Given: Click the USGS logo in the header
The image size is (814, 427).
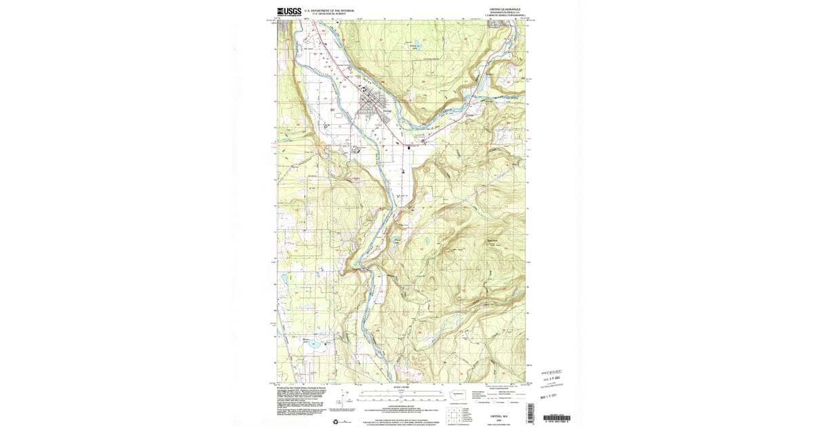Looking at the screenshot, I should pyautogui.click(x=288, y=12).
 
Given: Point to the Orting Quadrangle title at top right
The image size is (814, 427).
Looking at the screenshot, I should pyautogui.click(x=503, y=9).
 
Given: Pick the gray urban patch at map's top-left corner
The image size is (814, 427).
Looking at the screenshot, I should pyautogui.click(x=285, y=26).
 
